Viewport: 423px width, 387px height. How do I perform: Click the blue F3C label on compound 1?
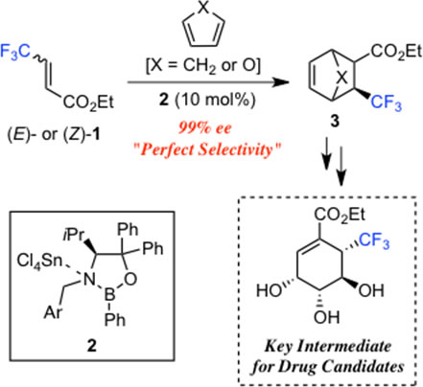pyautogui.click(x=15, y=52)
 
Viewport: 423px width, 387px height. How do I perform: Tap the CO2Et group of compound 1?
pyautogui.click(x=88, y=102)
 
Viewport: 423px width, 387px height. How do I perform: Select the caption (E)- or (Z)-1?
pyautogui.click(x=54, y=134)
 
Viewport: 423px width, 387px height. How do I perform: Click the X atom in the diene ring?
pyautogui.click(x=203, y=7)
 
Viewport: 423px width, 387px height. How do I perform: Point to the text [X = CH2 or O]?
pyautogui.click(x=203, y=65)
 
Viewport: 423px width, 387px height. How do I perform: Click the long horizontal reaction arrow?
pyautogui.click(x=208, y=82)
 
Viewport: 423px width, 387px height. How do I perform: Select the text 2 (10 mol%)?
pyautogui.click(x=207, y=100)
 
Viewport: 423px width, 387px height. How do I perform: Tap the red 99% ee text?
pyautogui.click(x=205, y=128)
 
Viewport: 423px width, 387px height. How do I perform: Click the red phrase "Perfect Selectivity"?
pyautogui.click(x=206, y=149)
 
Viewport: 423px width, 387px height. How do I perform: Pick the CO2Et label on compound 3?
pyautogui.click(x=396, y=51)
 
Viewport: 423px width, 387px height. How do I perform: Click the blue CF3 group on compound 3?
pyautogui.click(x=386, y=102)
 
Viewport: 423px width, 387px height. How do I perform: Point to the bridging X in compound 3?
pyautogui.click(x=342, y=77)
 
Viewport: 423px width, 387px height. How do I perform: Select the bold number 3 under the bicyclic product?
pyautogui.click(x=335, y=121)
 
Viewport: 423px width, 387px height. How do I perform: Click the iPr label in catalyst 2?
pyautogui.click(x=74, y=236)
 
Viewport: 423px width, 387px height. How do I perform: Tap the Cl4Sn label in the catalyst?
pyautogui.click(x=39, y=262)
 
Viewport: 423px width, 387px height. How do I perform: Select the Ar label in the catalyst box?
pyautogui.click(x=53, y=312)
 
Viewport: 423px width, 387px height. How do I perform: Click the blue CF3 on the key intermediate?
pyautogui.click(x=374, y=240)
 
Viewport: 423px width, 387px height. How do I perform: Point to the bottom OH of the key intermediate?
pyautogui.click(x=326, y=316)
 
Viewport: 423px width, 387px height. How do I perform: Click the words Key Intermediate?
pyautogui.click(x=328, y=346)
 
